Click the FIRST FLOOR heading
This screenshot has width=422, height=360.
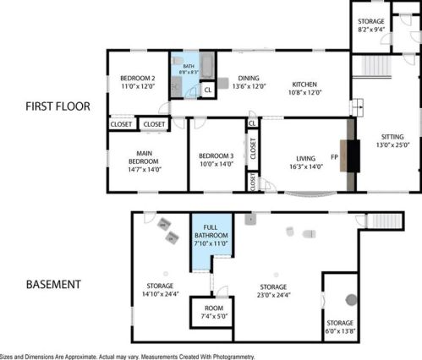pyautogui.click(x=58, y=106)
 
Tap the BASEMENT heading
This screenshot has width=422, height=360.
pyautogui.click(x=53, y=285)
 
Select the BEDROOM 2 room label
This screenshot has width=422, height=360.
pyautogui.click(x=138, y=78)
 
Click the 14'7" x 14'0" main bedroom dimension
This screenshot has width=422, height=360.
pyautogui.click(x=145, y=169)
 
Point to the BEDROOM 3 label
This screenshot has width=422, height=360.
pyautogui.click(x=216, y=155)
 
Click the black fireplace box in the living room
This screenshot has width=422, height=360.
pyautogui.click(x=353, y=155)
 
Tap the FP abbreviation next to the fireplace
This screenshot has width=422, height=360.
pyautogui.click(x=334, y=157)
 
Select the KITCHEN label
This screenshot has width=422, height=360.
pyautogui.click(x=304, y=85)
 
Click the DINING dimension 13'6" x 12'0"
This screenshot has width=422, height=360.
pyautogui.click(x=249, y=86)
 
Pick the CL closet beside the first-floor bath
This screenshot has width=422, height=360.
pyautogui.click(x=208, y=90)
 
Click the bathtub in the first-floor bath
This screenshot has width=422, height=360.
pyautogui.click(x=207, y=65)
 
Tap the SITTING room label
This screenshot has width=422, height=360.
pyautogui.click(x=392, y=137)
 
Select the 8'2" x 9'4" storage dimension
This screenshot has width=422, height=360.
pyautogui.click(x=371, y=30)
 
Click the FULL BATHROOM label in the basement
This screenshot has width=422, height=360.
pyautogui.click(x=211, y=232)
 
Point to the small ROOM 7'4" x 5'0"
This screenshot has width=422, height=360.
pyautogui.click(x=214, y=312)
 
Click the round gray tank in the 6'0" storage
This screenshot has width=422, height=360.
pyautogui.click(x=351, y=300)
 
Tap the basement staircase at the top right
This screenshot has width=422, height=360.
pyautogui.click(x=384, y=221)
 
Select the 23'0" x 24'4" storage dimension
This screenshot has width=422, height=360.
pyautogui.click(x=273, y=295)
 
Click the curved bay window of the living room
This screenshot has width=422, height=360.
pyautogui.click(x=310, y=194)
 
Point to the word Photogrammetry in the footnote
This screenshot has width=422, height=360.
pyautogui.click(x=233, y=357)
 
